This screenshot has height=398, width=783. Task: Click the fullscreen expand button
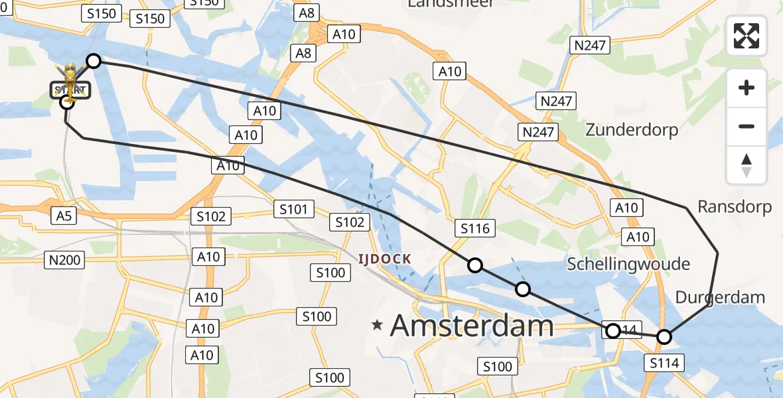pos(747,36)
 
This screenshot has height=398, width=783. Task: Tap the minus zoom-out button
pos(747,126)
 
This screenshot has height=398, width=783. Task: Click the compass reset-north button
pos(747,165)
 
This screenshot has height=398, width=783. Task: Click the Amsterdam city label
pos(472,326)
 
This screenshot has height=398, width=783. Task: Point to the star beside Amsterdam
pos(378,325)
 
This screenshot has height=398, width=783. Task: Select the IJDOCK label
pos(384,259)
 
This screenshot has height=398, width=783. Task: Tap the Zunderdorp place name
pos(632,129)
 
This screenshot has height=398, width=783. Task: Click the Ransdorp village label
pos(735,207)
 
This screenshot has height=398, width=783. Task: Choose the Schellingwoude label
pos(628,264)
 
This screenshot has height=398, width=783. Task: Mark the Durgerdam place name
pos(720,297)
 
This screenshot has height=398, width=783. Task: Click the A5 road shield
pos(64,215)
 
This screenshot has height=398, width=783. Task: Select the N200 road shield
pos(65,259)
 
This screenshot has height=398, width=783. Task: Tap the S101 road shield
pos(293,210)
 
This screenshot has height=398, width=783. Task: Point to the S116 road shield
pos(475,229)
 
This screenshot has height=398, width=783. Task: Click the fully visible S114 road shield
pos(664,362)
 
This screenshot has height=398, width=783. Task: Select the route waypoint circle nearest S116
pos(475,265)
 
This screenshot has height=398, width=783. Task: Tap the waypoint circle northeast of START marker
pos(94,61)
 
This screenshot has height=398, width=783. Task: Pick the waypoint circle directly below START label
pos(66,101)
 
